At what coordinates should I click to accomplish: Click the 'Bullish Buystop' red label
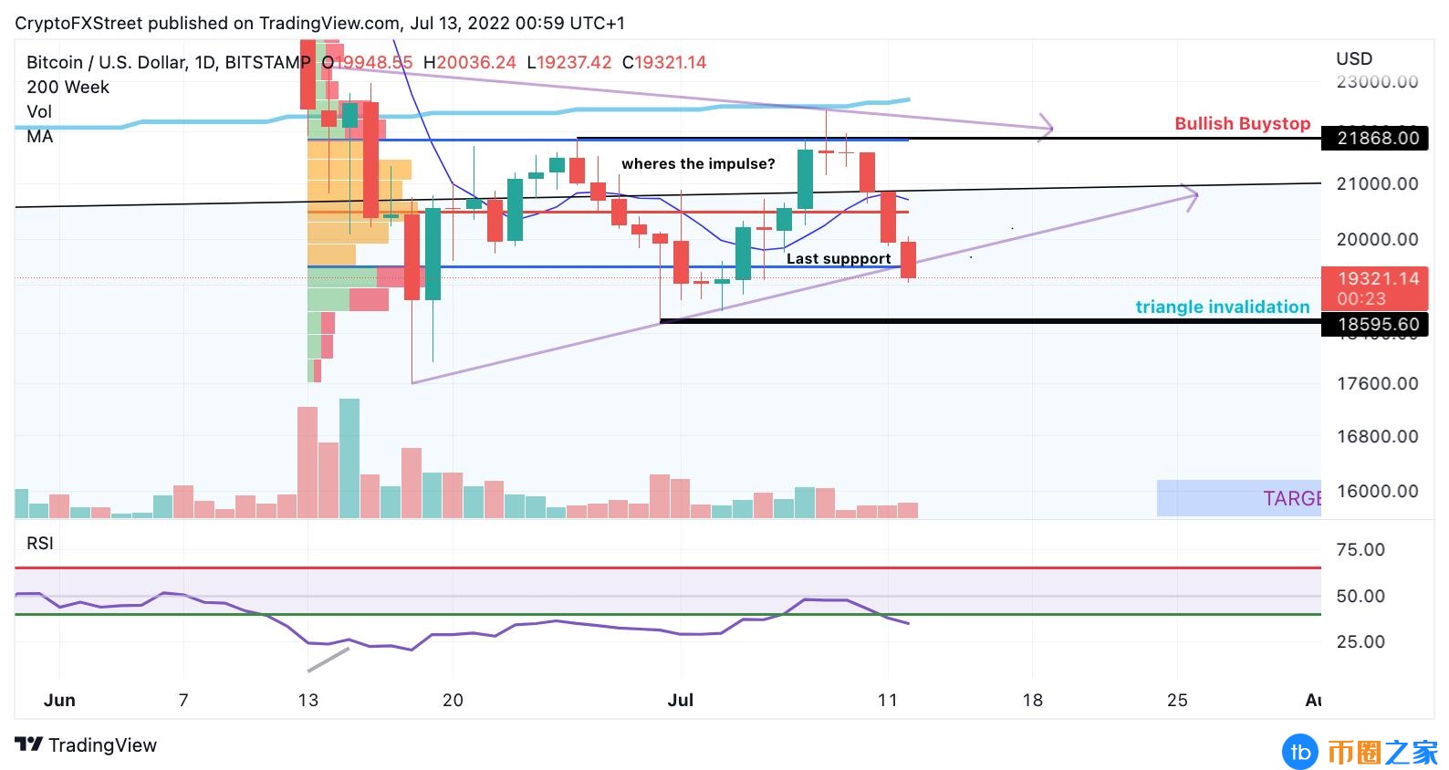point(1242,123)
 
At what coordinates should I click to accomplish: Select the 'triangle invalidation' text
point(1222,307)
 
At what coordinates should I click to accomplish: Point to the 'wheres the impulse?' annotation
point(698,164)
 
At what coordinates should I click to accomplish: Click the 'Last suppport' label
point(839,259)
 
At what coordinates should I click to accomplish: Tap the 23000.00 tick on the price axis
point(1377,82)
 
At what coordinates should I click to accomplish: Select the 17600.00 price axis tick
point(1377,384)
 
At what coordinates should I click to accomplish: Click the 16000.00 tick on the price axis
point(1377,492)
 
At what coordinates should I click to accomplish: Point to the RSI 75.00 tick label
point(1360,550)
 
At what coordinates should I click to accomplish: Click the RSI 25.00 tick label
point(1360,642)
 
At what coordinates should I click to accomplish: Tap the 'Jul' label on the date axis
point(681,701)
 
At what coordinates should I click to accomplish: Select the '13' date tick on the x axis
point(308,701)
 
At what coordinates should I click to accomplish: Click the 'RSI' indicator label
point(40,544)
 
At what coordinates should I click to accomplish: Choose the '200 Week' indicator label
point(68,88)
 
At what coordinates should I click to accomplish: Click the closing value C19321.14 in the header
point(664,63)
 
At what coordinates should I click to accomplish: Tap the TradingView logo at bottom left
point(87,745)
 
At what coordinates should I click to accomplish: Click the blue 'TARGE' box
point(1238,498)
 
